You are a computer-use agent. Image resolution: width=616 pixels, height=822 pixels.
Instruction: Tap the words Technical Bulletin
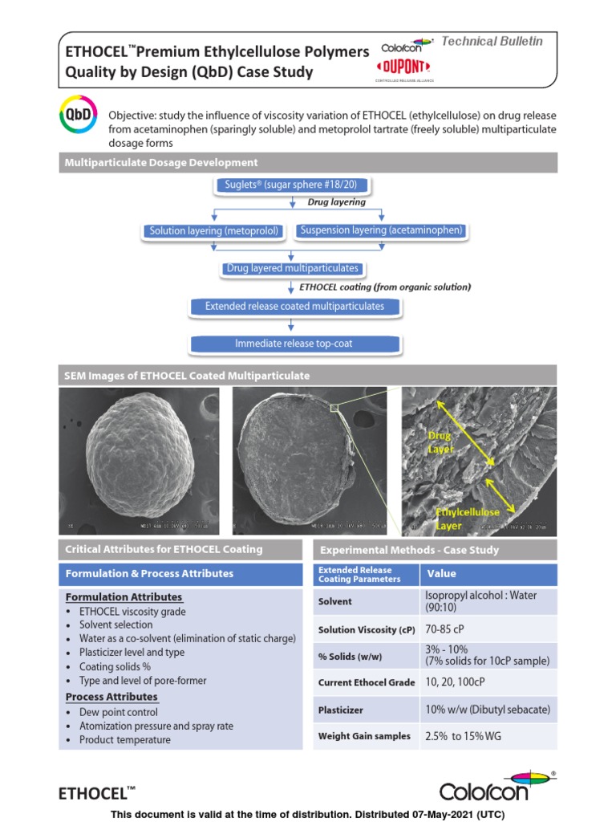point(492,41)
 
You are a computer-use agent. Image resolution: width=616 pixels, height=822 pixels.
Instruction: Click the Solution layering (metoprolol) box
point(214,231)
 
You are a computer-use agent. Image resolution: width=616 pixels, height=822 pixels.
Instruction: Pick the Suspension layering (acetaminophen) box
point(381,230)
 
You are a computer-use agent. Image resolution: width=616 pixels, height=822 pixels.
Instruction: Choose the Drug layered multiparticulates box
point(292,268)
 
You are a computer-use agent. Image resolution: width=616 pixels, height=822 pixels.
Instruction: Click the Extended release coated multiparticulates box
point(294,306)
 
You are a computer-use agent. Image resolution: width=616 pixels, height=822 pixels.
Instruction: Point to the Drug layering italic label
point(337,202)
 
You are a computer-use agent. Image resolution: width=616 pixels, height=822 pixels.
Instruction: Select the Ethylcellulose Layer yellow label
point(468,518)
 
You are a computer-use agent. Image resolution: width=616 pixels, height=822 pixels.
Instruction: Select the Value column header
point(442,574)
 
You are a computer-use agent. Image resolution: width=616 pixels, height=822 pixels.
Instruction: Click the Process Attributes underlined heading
point(111,697)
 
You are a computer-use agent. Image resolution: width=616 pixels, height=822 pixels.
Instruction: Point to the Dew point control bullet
point(118,712)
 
